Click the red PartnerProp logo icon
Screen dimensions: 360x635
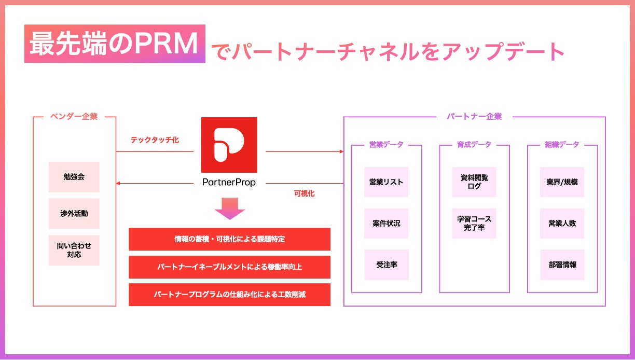(229, 145)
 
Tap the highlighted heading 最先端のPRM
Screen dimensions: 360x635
(115, 44)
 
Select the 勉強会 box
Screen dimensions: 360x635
(74, 177)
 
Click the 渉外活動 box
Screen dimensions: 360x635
(74, 213)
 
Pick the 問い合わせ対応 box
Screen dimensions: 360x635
(74, 250)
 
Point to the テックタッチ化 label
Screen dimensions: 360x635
(155, 140)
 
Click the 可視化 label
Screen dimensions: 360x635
(304, 193)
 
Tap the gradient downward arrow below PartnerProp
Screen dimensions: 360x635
(229, 207)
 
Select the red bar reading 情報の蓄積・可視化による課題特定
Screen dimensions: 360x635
(229, 239)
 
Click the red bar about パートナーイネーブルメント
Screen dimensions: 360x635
(229, 267)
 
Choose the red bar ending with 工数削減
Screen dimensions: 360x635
(229, 294)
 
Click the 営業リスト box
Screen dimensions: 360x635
(386, 182)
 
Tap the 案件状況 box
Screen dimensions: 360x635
(386, 224)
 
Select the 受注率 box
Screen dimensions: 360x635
(386, 265)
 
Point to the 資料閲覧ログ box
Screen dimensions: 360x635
(474, 182)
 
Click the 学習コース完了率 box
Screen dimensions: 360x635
(474, 224)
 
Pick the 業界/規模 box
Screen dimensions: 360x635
(562, 182)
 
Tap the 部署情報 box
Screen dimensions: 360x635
(562, 265)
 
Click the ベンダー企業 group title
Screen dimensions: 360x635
(74, 117)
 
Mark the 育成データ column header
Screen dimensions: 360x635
(474, 145)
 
